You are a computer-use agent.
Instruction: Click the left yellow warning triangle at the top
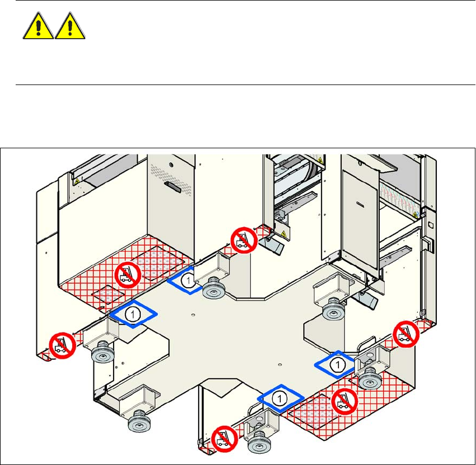click(x=38, y=26)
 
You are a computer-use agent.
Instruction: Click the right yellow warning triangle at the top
click(x=70, y=26)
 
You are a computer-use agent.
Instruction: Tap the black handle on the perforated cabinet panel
click(x=173, y=187)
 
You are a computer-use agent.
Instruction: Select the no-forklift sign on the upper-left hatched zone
click(x=128, y=275)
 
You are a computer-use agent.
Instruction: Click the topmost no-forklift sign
click(x=244, y=240)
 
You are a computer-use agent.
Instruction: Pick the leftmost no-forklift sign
click(x=63, y=345)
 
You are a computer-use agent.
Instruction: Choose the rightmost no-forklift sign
click(x=406, y=334)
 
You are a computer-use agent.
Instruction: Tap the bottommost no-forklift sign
click(x=225, y=439)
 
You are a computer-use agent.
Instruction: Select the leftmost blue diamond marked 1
click(x=133, y=314)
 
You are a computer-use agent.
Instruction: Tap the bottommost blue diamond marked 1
click(x=280, y=398)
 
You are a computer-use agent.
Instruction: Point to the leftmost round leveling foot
click(x=102, y=352)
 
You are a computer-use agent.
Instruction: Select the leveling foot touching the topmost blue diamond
click(x=213, y=288)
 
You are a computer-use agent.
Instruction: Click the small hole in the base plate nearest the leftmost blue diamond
click(x=193, y=314)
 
